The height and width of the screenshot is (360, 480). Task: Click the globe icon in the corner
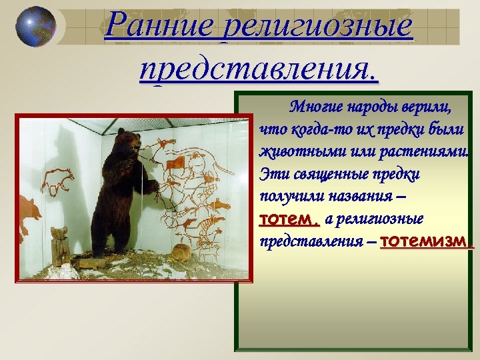35,26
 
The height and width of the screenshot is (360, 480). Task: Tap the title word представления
259,67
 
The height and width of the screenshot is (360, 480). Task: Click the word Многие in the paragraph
314,107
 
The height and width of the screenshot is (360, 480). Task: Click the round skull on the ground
180,252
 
